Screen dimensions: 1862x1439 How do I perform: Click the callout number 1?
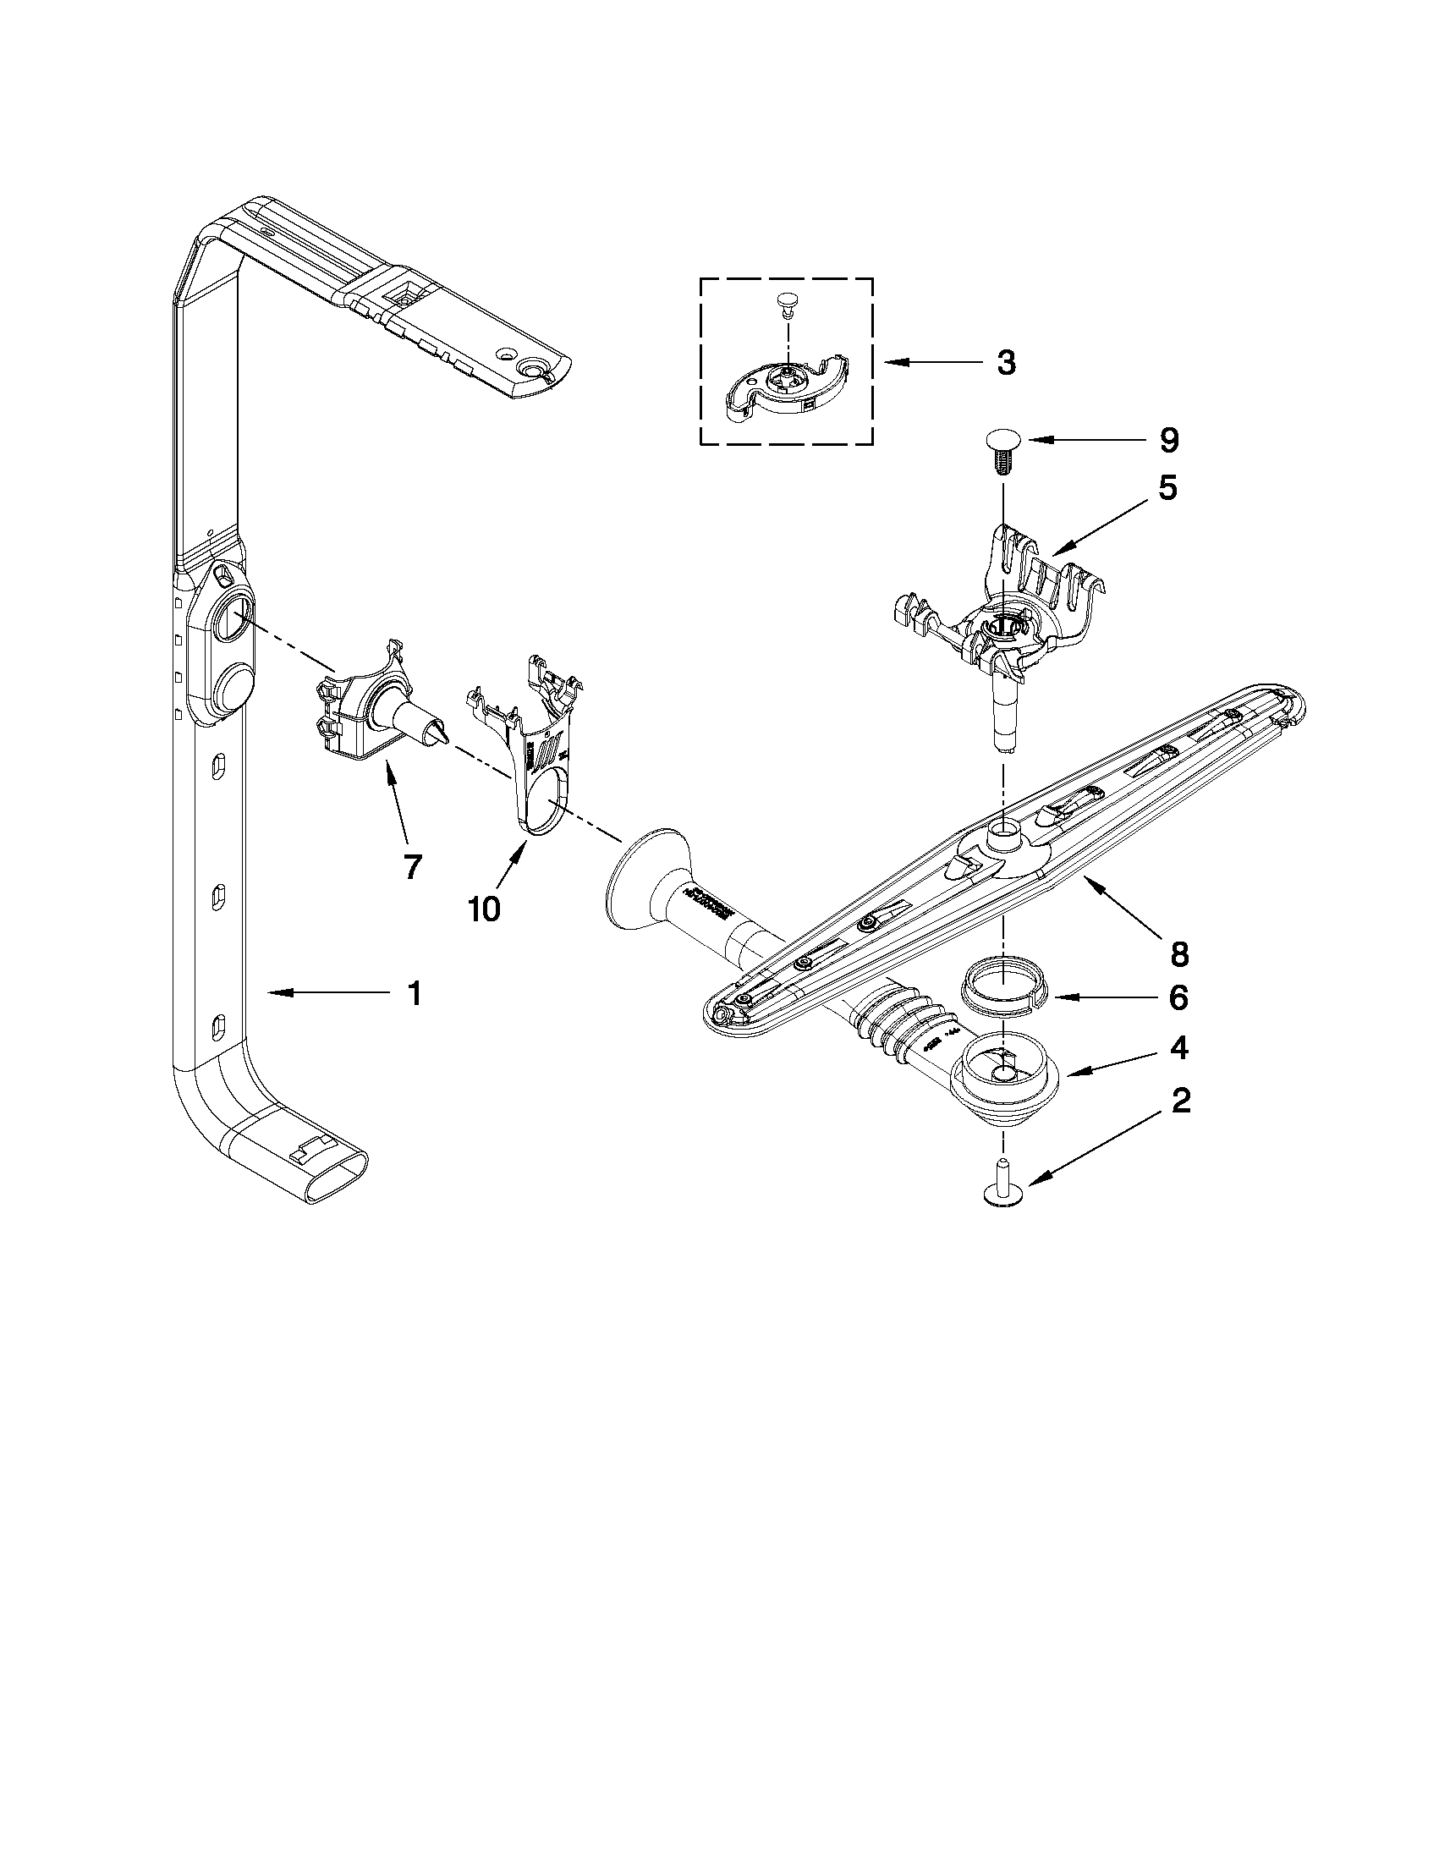tap(414, 994)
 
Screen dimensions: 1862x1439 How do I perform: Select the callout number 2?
tap(1180, 1101)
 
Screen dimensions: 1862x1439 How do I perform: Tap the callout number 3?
tap(1006, 364)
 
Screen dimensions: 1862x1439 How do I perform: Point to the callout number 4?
tap(1179, 1049)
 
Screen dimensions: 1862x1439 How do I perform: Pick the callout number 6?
tap(1178, 997)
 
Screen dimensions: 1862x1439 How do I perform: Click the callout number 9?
tap(1169, 441)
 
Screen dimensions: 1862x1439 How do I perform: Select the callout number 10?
tap(484, 909)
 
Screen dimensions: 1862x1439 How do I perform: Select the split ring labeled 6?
tap(1002, 987)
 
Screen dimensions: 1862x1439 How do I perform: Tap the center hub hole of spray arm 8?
tap(1002, 828)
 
